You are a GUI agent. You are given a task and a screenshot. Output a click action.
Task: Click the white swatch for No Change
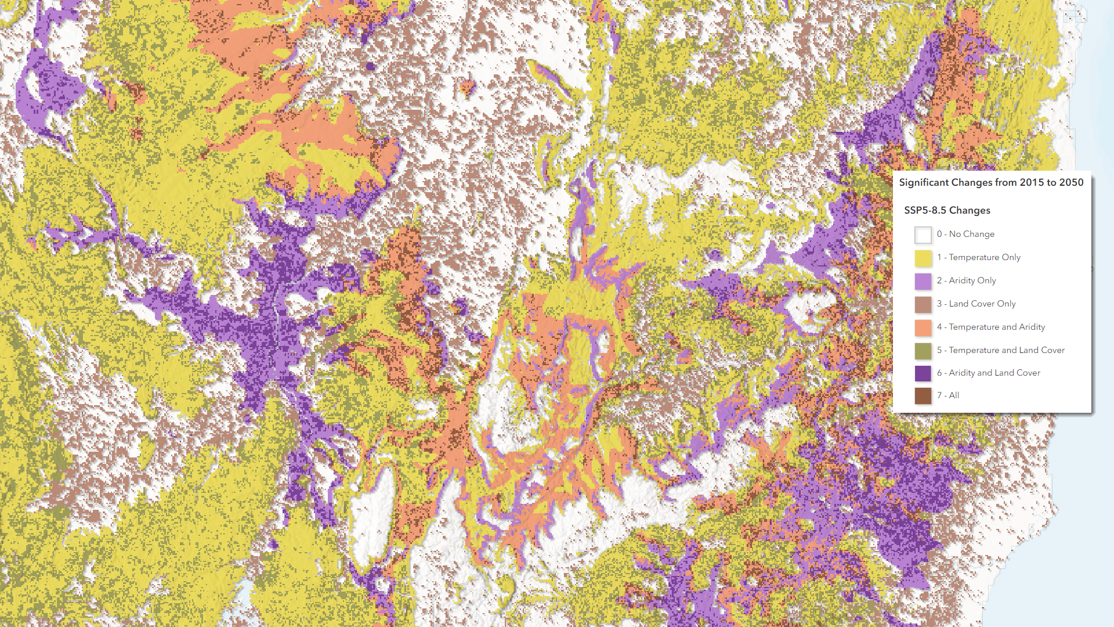click(x=923, y=235)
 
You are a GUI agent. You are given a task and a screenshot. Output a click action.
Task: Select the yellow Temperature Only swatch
click(x=923, y=258)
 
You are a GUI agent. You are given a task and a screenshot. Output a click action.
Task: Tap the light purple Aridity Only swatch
click(x=923, y=281)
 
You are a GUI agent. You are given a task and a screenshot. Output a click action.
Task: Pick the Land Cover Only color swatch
click(x=923, y=304)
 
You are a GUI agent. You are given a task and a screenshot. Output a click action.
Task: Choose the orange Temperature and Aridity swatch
click(x=923, y=327)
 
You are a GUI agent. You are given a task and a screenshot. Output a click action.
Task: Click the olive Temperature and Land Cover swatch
click(x=923, y=351)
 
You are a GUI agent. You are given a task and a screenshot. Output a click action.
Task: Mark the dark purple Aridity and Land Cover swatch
click(x=923, y=373)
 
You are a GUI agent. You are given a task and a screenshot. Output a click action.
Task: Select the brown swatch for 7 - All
click(x=923, y=396)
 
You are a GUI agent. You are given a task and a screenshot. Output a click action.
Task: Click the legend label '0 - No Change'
click(x=965, y=234)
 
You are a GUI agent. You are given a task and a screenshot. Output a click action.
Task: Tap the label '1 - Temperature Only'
click(x=978, y=257)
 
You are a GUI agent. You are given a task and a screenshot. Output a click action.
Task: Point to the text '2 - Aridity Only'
click(x=966, y=280)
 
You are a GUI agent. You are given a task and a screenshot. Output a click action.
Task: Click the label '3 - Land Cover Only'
click(x=976, y=304)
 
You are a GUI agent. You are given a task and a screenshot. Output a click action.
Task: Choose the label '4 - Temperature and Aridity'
click(x=990, y=327)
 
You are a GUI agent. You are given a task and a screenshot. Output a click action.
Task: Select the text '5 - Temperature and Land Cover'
click(x=1000, y=350)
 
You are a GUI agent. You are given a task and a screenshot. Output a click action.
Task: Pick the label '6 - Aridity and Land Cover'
click(x=988, y=373)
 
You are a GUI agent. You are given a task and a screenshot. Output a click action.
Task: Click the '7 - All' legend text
click(x=947, y=395)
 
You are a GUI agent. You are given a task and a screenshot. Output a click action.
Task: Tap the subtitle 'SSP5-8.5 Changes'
click(x=947, y=210)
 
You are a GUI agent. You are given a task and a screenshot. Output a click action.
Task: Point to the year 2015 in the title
click(x=1032, y=182)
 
